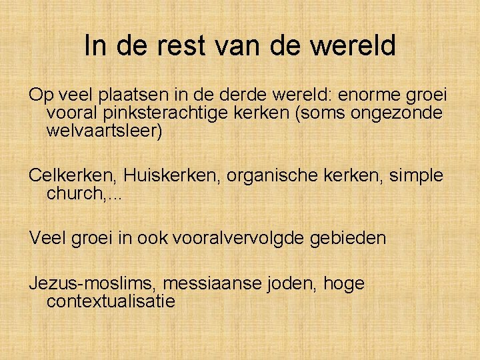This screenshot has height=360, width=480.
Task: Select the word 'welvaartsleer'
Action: (103, 131)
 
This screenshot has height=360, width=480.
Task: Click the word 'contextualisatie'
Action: (111, 301)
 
